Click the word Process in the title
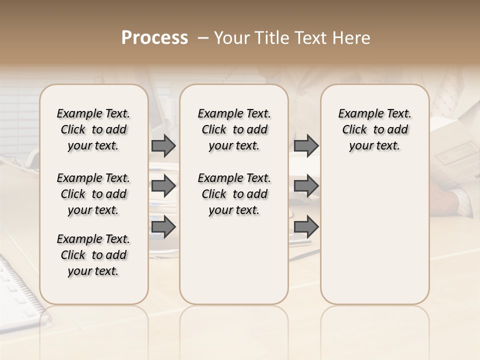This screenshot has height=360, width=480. coord(154,37)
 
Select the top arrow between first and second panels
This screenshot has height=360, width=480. coord(163,145)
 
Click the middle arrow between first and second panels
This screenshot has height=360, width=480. coord(163,186)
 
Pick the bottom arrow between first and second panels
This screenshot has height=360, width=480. coord(163,227)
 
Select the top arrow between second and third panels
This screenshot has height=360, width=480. coord(306,145)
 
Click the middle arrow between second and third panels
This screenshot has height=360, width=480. coord(306,186)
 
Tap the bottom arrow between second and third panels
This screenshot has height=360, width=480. coord(306,227)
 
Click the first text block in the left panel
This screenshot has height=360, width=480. coord(93,129)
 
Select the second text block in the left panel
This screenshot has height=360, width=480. coord(93,194)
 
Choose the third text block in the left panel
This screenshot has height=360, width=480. coord(93,255)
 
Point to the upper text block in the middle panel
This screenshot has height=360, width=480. coord(234,129)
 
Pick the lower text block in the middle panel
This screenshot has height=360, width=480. coord(234,194)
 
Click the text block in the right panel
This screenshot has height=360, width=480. coord(375,129)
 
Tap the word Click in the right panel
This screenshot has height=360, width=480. coord(354,130)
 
